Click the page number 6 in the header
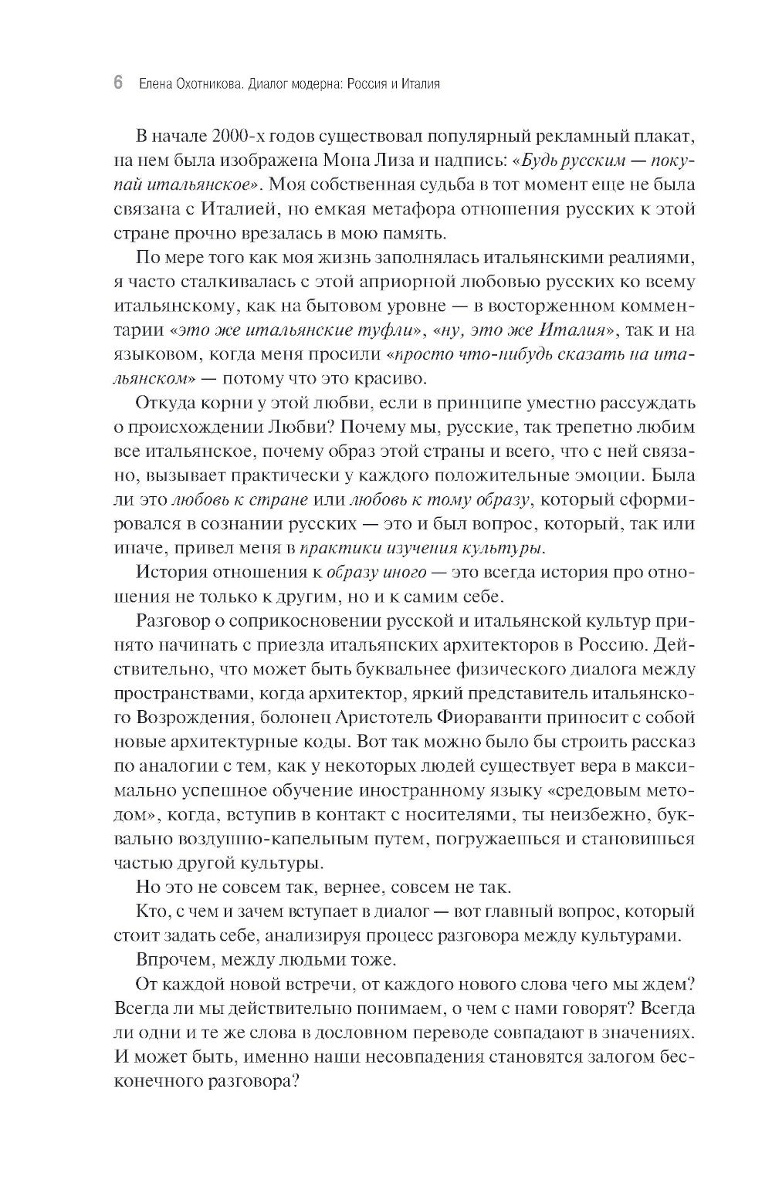pos(118,83)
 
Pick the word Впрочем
pos(174,959)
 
